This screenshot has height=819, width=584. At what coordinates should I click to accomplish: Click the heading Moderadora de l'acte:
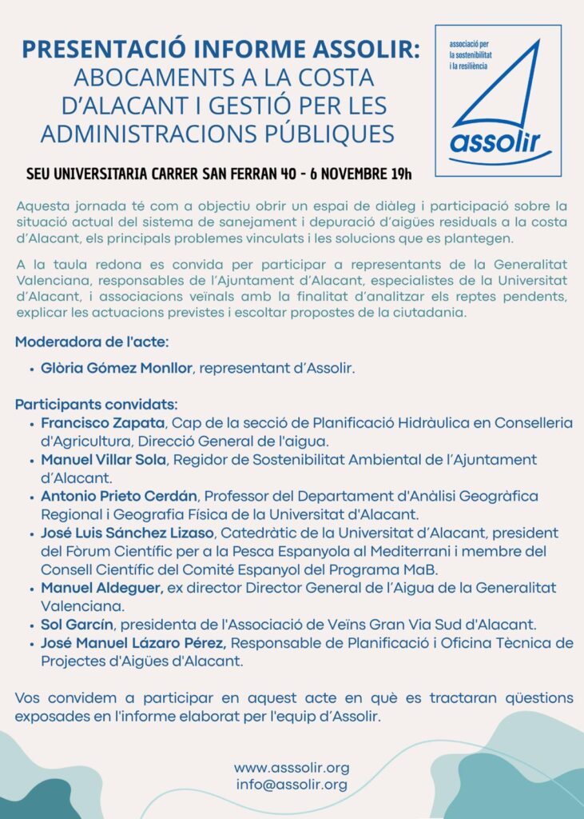[92, 342]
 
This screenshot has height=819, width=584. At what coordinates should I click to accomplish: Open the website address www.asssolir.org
[292, 768]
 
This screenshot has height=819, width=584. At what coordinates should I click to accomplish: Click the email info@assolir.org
[292, 785]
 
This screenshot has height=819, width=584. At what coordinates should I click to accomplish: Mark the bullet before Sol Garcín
[30, 625]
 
